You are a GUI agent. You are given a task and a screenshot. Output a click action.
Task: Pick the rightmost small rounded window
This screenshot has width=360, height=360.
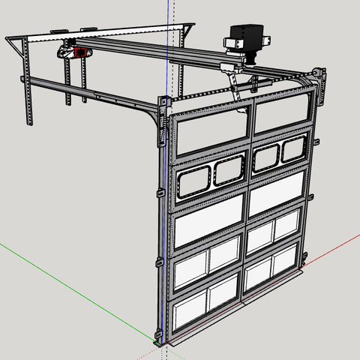[x=292, y=150]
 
